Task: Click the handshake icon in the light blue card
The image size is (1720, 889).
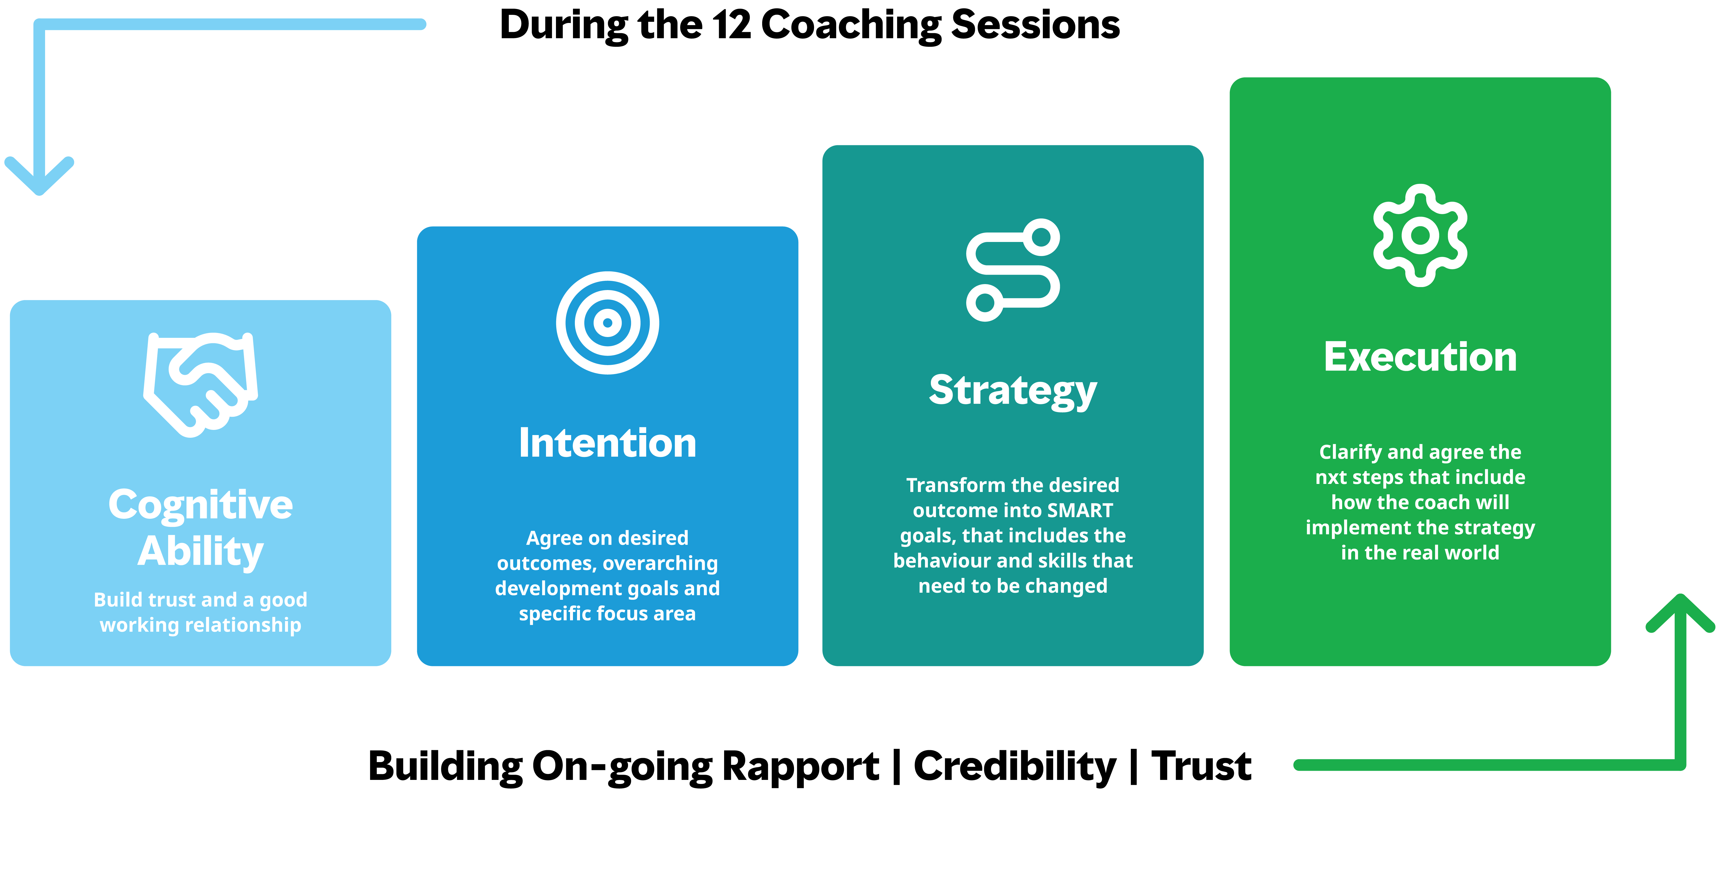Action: click(x=200, y=384)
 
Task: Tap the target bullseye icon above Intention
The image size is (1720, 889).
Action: click(x=608, y=323)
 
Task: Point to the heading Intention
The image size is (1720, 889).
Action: click(x=608, y=443)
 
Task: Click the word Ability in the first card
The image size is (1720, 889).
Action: click(x=200, y=552)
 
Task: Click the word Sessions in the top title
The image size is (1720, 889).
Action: click(x=1035, y=25)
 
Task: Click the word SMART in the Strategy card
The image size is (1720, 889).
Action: click(x=1080, y=510)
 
